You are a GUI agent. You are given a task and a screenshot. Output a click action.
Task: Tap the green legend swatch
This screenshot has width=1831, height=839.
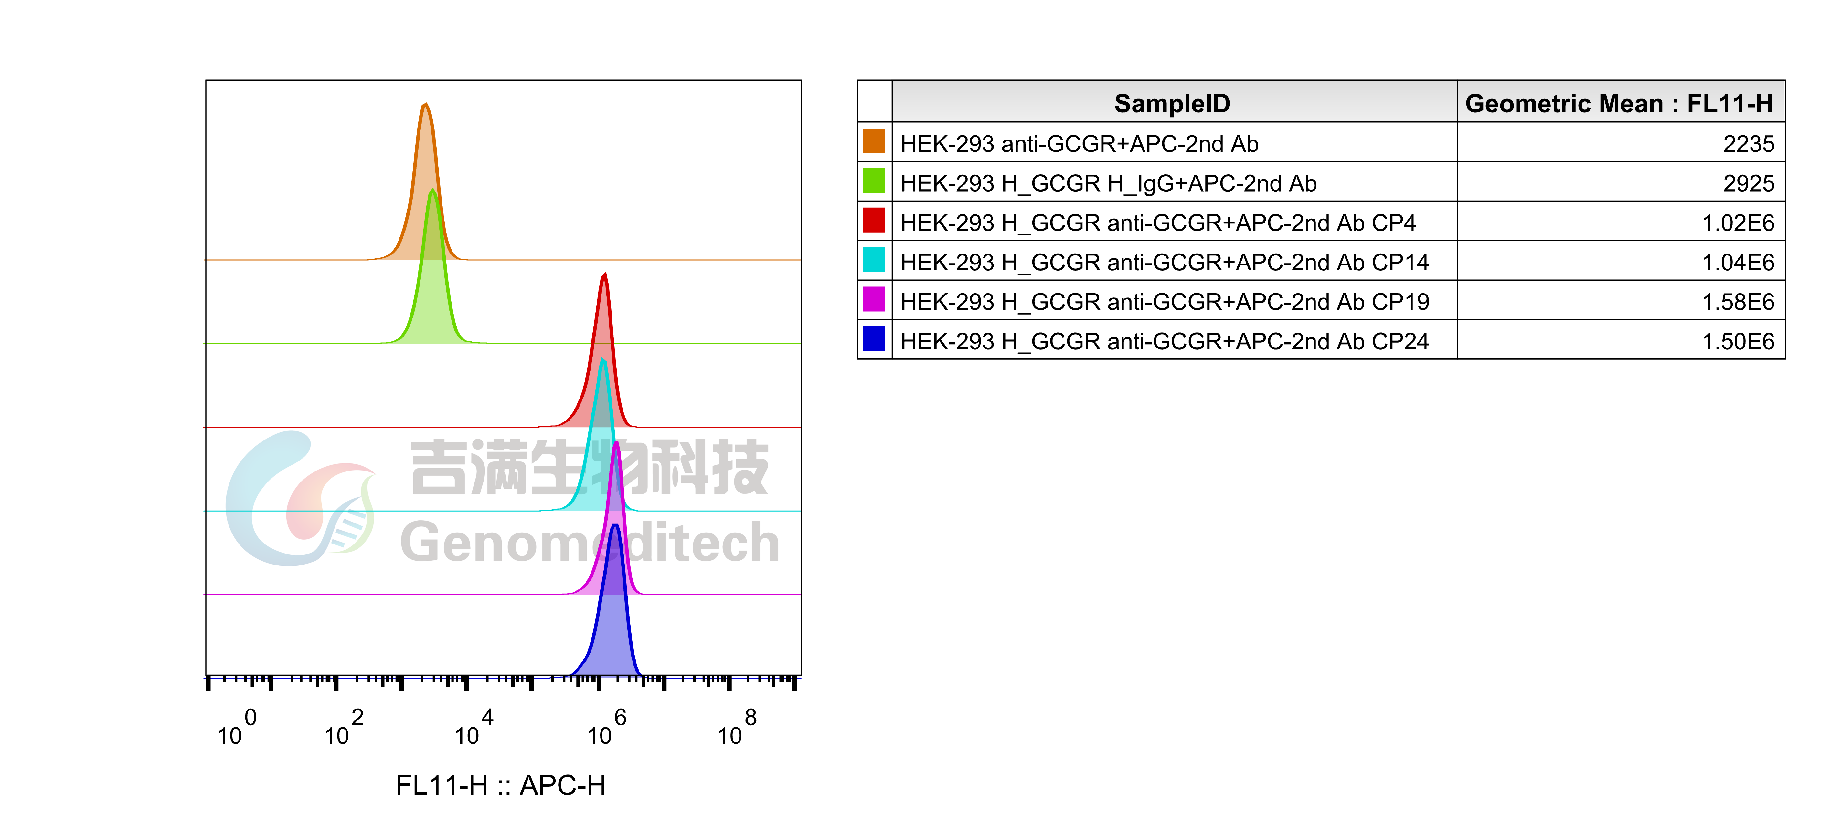(874, 181)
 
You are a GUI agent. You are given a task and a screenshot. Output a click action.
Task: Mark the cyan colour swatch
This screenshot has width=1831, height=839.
(874, 259)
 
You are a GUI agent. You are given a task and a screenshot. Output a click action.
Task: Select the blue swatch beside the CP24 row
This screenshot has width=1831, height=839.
(874, 338)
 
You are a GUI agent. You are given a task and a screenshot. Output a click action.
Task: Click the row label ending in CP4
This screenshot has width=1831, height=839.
(1157, 223)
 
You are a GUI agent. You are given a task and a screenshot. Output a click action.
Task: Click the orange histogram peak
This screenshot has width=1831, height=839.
(425, 178)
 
